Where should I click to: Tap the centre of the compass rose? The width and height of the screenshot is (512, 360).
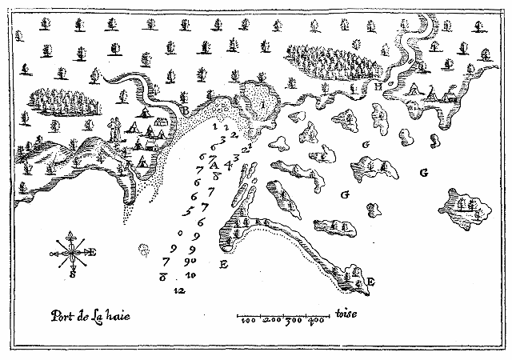tap(74, 254)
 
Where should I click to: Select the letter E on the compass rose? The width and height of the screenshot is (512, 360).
tap(94, 253)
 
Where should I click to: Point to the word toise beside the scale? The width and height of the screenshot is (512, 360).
tap(350, 314)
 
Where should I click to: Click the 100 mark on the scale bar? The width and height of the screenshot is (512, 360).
tap(248, 321)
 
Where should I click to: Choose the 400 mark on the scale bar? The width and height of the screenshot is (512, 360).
tap(317, 321)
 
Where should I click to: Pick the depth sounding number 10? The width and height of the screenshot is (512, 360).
tap(190, 274)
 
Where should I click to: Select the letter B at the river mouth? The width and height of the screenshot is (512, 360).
tap(183, 110)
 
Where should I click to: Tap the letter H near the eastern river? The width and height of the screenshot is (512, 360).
tap(378, 87)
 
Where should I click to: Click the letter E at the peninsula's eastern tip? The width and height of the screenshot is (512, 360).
tap(371, 281)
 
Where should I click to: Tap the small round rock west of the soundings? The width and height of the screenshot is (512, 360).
tap(145, 250)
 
